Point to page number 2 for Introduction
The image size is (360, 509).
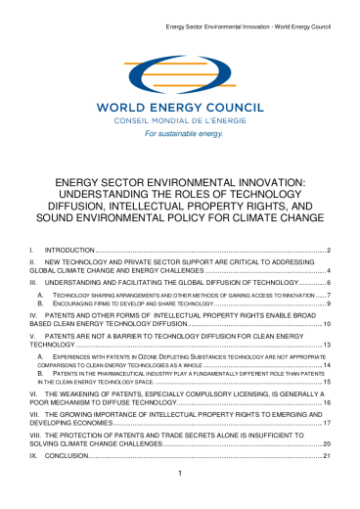330,252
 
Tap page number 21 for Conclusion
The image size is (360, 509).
328,456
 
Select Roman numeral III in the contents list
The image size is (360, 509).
33,281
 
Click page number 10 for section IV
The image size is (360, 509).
328,325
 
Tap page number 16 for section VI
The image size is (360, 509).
328,401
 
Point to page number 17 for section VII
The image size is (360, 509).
328,423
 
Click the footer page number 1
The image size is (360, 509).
180,474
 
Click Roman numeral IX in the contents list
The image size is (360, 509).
34,456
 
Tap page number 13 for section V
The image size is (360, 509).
328,346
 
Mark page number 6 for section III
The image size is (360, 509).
330,281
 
